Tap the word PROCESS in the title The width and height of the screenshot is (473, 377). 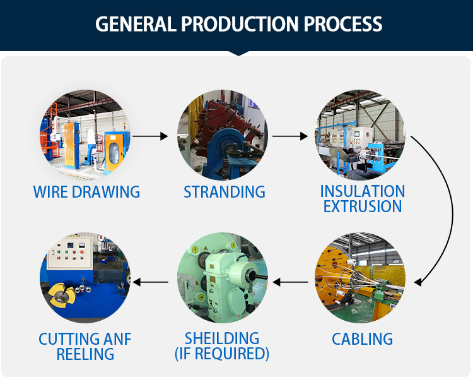(x=343, y=24)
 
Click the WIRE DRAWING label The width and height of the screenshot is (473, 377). (x=86, y=191)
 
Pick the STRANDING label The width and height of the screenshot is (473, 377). (x=225, y=191)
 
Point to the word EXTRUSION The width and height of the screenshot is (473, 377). (x=362, y=206)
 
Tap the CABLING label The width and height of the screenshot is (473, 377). (x=362, y=339)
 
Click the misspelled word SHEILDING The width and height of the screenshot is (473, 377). (x=222, y=338)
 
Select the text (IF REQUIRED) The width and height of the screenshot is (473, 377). (x=222, y=354)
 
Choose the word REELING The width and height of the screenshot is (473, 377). (x=86, y=354)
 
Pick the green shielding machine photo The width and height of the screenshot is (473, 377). (x=222, y=278)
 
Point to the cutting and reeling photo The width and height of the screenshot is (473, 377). (x=86, y=278)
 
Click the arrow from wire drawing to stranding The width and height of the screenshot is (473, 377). (x=151, y=136)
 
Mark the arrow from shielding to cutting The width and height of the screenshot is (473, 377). (x=151, y=282)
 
